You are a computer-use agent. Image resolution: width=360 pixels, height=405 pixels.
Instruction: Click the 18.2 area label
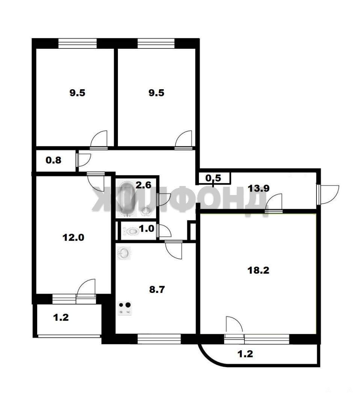pyautogui.click(x=258, y=270)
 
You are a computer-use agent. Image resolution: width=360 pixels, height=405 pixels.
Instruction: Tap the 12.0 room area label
pyautogui.click(x=74, y=237)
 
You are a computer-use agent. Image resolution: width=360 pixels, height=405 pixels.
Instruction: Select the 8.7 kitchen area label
pyautogui.click(x=157, y=289)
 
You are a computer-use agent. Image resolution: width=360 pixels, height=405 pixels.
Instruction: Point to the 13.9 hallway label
pyautogui.click(x=259, y=188)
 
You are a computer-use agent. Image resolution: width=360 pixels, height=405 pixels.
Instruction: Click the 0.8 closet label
pyautogui.click(x=54, y=160)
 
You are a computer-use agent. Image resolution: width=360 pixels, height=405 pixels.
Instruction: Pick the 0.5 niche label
pyautogui.click(x=213, y=178)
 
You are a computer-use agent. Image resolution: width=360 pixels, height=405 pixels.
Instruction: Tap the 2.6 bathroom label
pyautogui.click(x=143, y=185)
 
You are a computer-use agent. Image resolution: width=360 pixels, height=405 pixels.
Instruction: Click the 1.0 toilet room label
pyautogui.click(x=147, y=229)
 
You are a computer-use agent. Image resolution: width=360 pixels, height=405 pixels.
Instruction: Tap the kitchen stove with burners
pyautogui.click(x=125, y=308)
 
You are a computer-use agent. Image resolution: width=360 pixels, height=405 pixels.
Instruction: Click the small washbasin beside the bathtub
pyautogui.click(x=146, y=211)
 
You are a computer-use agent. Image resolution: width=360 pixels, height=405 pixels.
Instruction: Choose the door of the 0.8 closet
pyautogui.click(x=84, y=160)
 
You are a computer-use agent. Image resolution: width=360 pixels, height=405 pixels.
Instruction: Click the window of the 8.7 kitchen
pyautogui.click(x=159, y=339)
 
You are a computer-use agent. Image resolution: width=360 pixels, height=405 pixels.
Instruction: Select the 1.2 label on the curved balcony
pyautogui.click(x=245, y=354)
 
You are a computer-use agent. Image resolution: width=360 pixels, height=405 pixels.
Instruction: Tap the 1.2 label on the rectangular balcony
pyautogui.click(x=61, y=318)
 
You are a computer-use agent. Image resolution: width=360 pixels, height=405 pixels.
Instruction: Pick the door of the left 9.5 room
pyautogui.click(x=98, y=140)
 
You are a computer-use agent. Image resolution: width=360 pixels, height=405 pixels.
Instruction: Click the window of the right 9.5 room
pyautogui.click(x=156, y=43)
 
